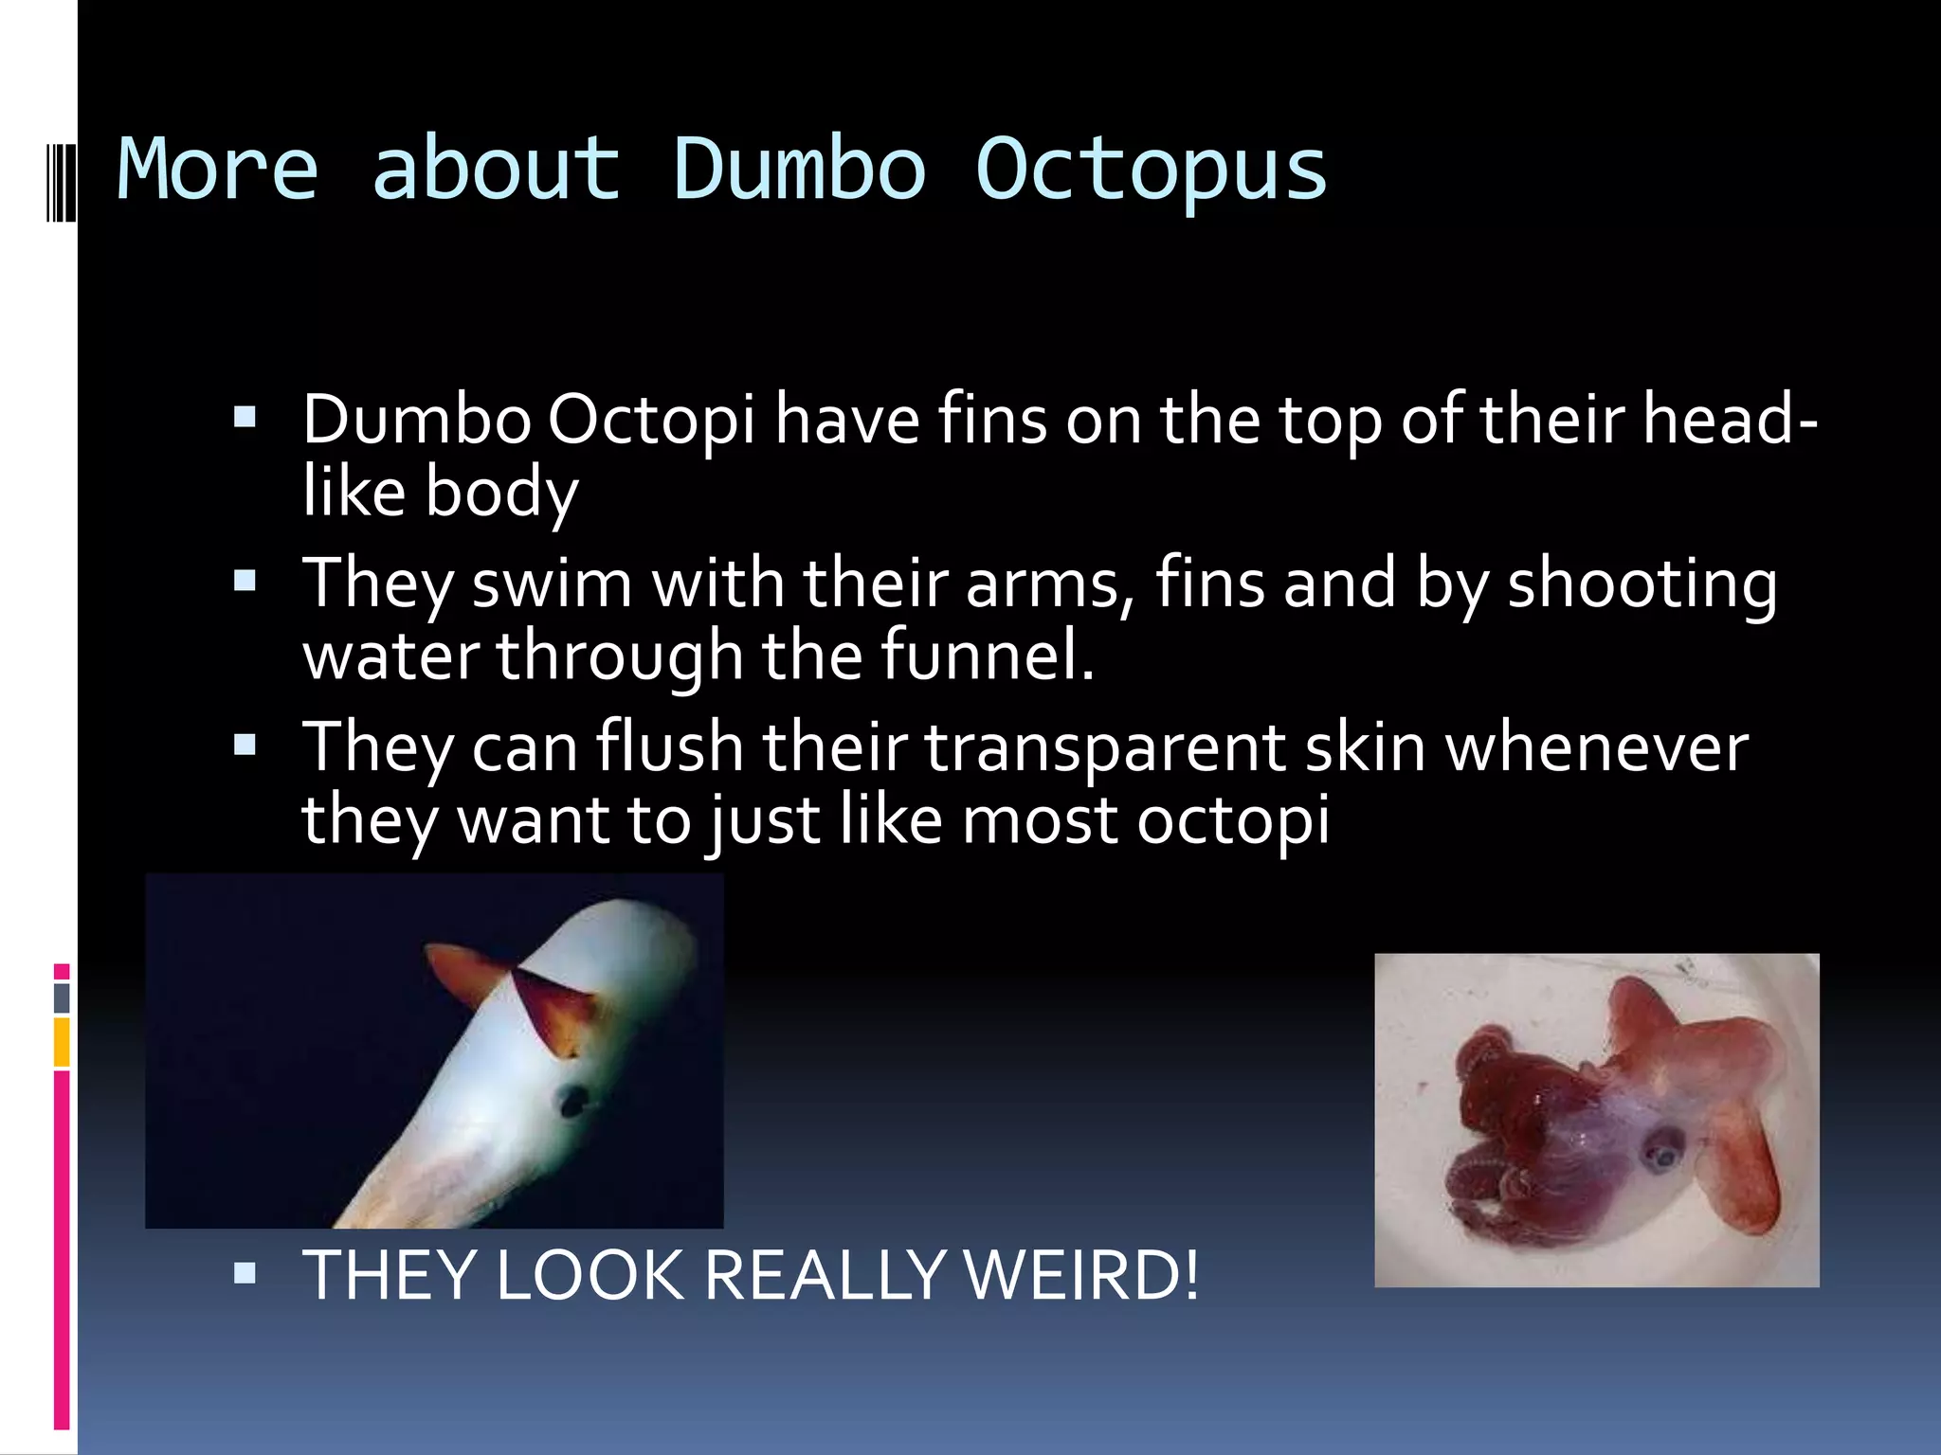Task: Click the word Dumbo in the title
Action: (799, 171)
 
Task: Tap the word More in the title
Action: (217, 171)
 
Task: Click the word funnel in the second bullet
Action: (987, 656)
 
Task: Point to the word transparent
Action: (1104, 747)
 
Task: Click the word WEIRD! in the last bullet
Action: (1081, 1275)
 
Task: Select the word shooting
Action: (1642, 584)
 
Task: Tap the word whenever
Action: (1596, 747)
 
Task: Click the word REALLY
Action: (824, 1275)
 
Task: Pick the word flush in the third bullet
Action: (669, 747)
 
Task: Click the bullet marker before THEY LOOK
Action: (245, 1272)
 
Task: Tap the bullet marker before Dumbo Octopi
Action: (245, 417)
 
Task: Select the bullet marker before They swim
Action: (245, 580)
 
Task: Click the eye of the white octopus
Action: (572, 1100)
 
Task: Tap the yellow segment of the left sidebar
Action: (62, 1042)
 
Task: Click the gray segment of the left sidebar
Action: (62, 997)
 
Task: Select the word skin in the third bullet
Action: (1365, 747)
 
